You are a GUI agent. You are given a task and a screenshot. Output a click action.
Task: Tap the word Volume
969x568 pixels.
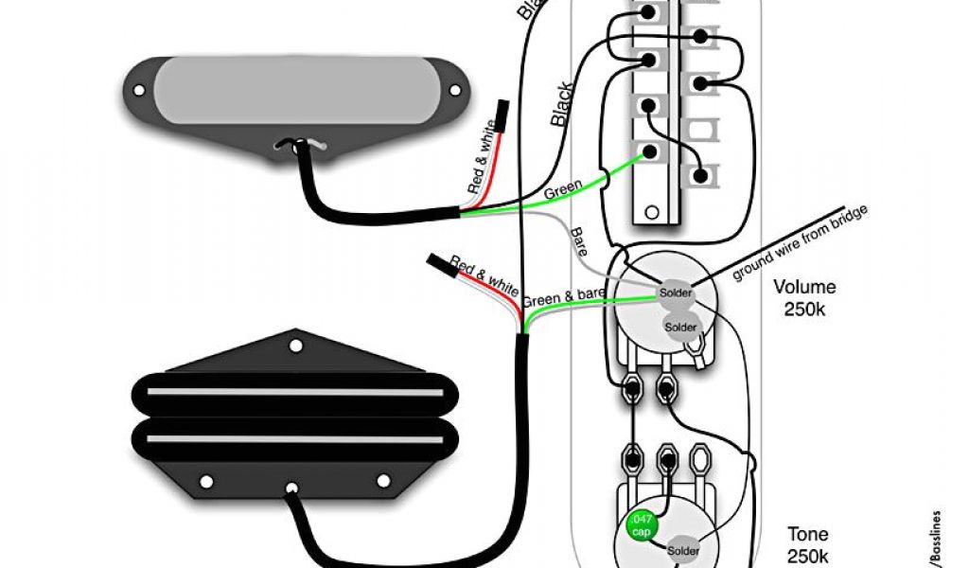[x=804, y=287]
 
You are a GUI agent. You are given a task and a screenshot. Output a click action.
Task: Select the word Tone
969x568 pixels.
[x=807, y=535]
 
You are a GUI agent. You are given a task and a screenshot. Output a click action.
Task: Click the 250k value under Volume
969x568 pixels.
[x=804, y=309]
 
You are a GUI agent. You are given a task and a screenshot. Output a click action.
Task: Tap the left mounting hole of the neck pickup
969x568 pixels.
[x=139, y=91]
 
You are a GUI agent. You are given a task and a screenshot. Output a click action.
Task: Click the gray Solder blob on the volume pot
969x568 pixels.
[x=680, y=327]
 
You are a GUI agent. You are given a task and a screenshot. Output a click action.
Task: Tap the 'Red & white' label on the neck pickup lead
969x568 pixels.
[x=482, y=158]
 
